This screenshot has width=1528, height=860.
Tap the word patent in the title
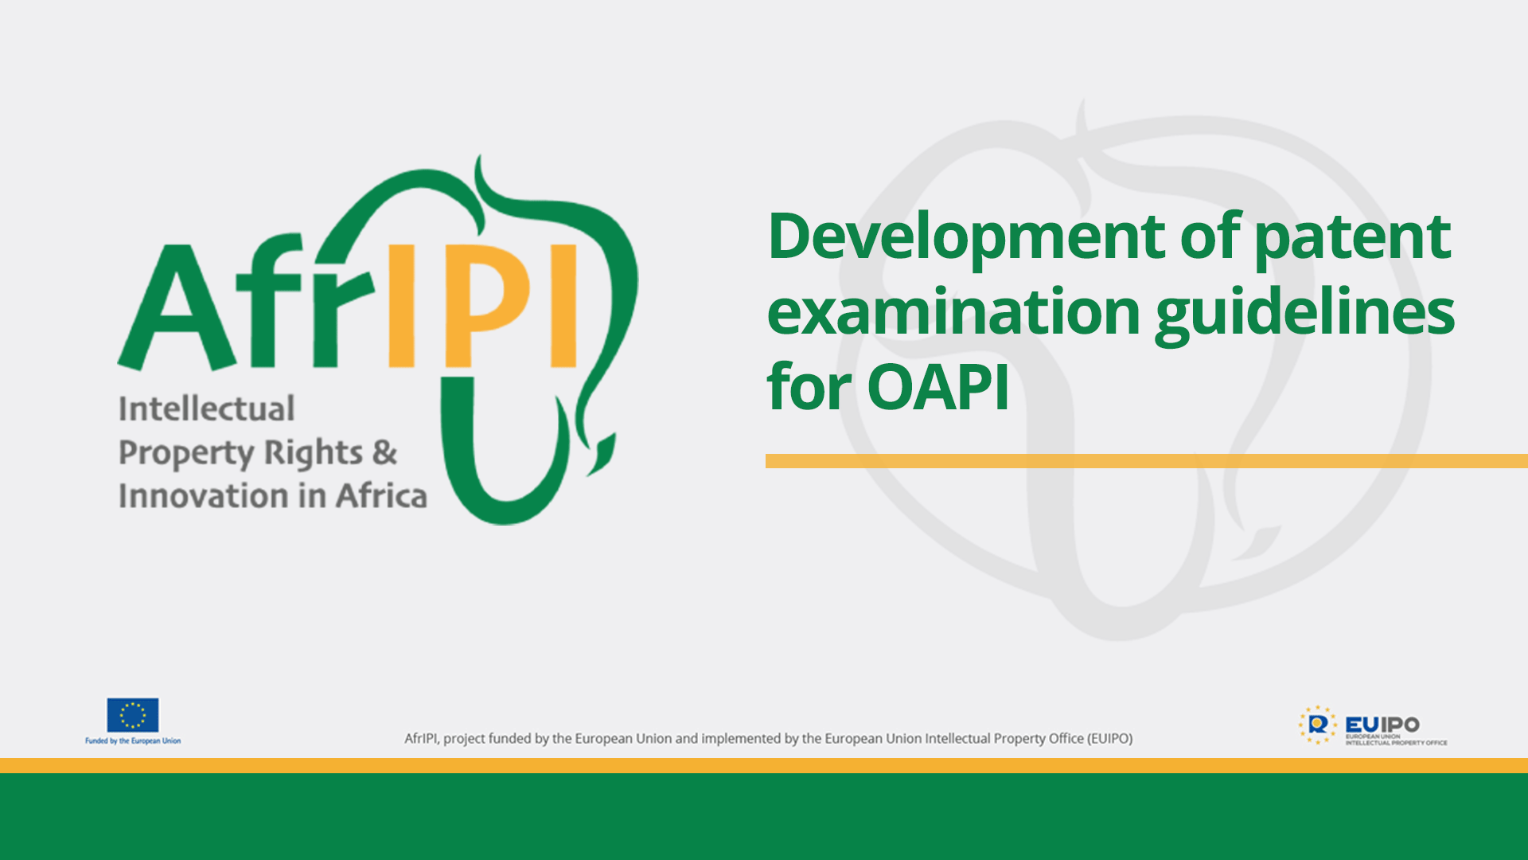[x=1352, y=238]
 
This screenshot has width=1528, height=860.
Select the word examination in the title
[x=953, y=312]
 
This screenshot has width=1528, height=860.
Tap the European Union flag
[x=133, y=715]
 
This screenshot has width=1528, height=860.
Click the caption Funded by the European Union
[x=133, y=741]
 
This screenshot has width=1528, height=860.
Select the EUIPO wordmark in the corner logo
[x=1382, y=725]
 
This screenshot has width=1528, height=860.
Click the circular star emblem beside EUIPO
[x=1317, y=725]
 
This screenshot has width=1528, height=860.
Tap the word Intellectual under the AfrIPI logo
[x=207, y=409]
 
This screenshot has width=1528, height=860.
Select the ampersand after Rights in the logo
[x=384, y=452]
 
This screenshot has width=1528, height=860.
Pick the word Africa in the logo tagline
[x=381, y=496]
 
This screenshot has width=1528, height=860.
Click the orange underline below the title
[x=1146, y=461]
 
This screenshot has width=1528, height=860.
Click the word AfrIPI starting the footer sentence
[x=421, y=739]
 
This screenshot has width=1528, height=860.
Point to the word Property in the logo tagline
[x=186, y=454]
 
